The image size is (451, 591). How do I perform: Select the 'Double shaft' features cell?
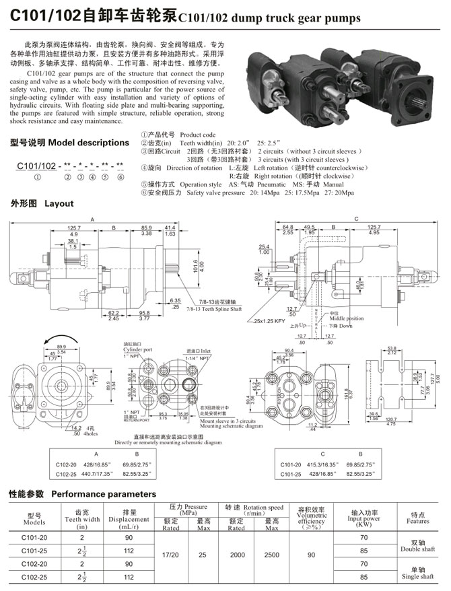click(417, 546)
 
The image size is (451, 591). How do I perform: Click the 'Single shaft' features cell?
click(417, 573)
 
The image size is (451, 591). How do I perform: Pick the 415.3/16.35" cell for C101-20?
click(321, 464)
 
